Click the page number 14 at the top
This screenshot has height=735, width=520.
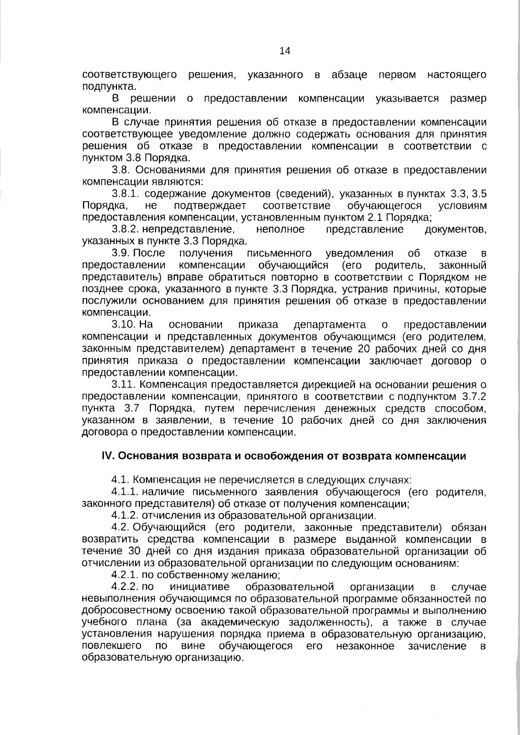click(285, 51)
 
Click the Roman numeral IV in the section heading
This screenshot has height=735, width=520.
click(107, 456)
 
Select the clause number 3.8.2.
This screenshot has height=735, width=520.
click(125, 229)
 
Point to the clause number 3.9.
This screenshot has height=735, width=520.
click(121, 253)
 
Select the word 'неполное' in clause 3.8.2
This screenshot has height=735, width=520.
click(280, 229)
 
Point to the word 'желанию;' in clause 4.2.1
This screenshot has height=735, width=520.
click(259, 575)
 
